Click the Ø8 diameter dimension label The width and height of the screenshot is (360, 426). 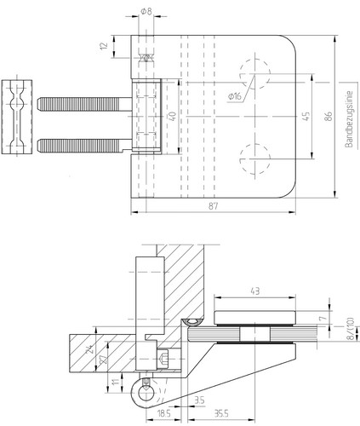click(146, 11)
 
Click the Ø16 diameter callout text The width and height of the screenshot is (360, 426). click(234, 96)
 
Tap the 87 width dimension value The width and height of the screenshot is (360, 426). click(214, 206)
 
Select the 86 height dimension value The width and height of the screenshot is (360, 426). click(329, 116)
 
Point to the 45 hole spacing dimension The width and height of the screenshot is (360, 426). click(306, 116)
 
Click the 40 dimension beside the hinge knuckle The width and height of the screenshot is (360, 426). click(172, 116)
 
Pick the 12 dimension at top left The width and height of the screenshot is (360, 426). click(104, 46)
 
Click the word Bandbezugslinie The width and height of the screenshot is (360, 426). click(349, 119)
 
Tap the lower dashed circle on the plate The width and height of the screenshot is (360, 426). click(254, 173)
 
